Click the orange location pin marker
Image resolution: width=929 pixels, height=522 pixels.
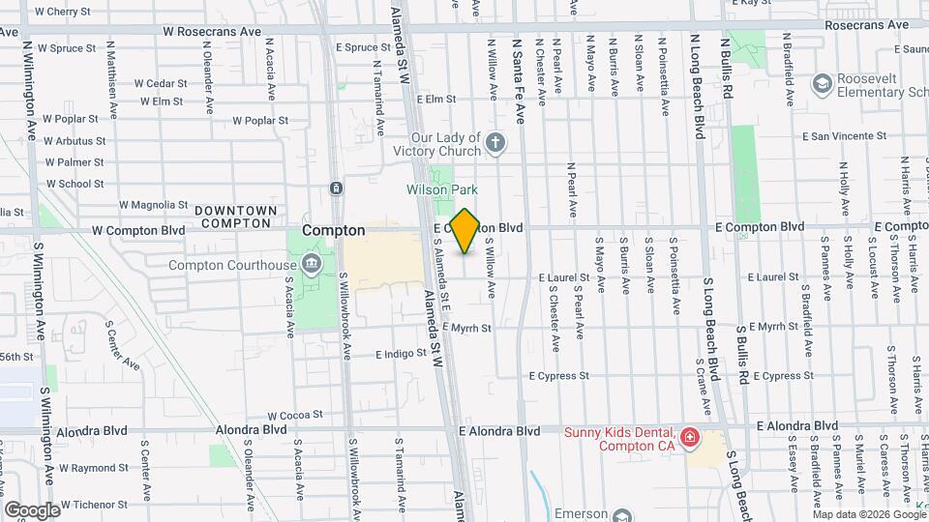coord(464,230)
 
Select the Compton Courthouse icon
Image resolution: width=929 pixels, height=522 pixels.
coord(310,264)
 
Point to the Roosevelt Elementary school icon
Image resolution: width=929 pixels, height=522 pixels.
coord(822,85)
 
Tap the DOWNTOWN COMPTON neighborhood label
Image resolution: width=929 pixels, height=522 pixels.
coord(235,217)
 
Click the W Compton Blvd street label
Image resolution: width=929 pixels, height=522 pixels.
coord(137,231)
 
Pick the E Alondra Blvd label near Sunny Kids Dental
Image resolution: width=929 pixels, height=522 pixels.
coord(499,430)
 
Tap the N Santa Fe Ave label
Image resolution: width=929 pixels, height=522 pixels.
coord(519,81)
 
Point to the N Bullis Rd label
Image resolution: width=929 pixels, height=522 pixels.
coord(727,70)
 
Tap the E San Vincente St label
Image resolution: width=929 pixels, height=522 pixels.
coord(846,137)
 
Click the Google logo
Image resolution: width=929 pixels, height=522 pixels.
coord(33,509)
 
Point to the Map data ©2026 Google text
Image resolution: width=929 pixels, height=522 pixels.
coord(868,514)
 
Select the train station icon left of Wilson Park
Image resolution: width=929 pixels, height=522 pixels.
coord(335,188)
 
